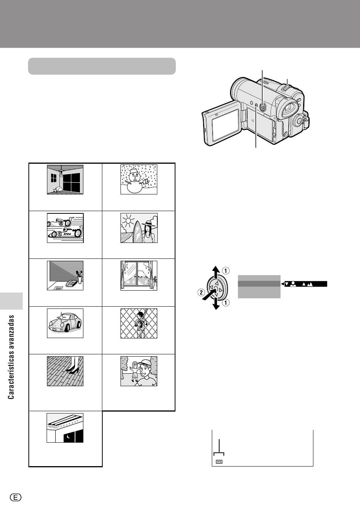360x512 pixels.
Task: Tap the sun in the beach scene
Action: click(x=129, y=220)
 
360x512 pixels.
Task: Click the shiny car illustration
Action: click(x=65, y=323)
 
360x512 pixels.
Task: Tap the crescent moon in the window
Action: click(x=68, y=437)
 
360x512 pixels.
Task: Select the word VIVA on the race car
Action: click(x=69, y=234)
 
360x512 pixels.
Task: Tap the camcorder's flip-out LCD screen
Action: click(x=223, y=127)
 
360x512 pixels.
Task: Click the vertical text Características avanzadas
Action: click(x=11, y=357)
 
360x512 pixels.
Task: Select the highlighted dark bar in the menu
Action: click(x=259, y=283)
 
